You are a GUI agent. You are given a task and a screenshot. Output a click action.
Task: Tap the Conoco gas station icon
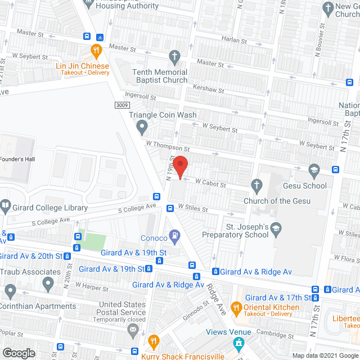pos(175,235)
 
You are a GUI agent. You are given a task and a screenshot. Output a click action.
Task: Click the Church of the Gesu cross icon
pos(256,185)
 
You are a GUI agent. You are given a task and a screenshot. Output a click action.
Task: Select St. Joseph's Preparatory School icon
pos(276,228)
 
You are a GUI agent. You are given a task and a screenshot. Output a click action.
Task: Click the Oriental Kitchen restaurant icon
pos(236,308)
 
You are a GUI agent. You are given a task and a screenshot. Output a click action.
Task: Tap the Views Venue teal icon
pos(240,342)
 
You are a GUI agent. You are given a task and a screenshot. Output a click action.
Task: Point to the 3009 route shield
pos(123,105)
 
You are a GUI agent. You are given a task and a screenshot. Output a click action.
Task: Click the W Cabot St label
pos(210,184)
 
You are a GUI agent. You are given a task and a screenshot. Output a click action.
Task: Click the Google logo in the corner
pos(18,353)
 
